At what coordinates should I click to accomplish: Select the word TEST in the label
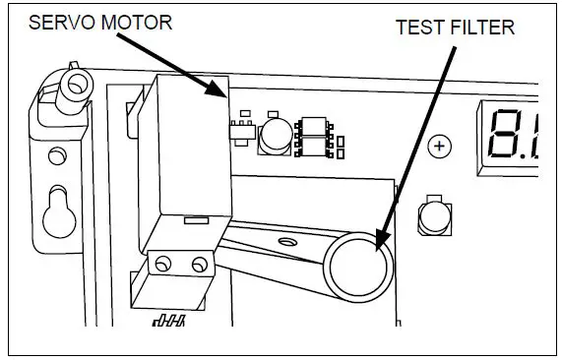pos(417,27)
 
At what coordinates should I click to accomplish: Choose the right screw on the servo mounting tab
pos(199,264)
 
